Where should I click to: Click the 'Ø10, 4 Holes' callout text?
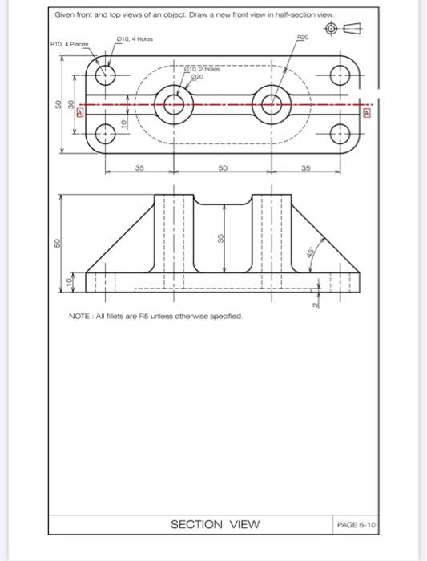pyautogui.click(x=135, y=38)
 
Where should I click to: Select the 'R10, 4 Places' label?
pyautogui.click(x=68, y=45)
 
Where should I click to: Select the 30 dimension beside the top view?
pyautogui.click(x=70, y=104)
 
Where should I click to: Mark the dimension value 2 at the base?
pyautogui.click(x=316, y=304)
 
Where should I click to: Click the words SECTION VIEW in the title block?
pyautogui.click(x=216, y=524)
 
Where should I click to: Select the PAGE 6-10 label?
pyautogui.click(x=357, y=524)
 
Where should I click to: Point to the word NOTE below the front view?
pyautogui.click(x=81, y=317)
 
